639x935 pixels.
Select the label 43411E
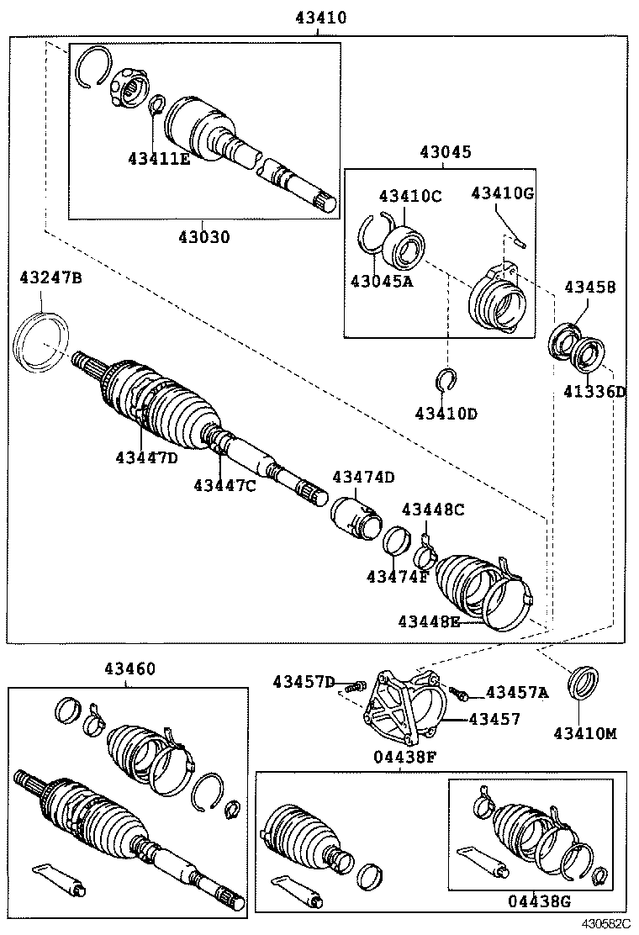click(x=159, y=157)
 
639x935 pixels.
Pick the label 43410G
click(x=502, y=193)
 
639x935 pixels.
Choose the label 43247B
click(x=51, y=277)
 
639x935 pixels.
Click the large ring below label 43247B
click(x=41, y=341)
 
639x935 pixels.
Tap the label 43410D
click(x=446, y=414)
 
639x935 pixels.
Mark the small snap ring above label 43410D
click(x=446, y=381)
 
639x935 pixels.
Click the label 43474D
click(x=362, y=478)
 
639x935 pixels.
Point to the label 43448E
click(x=429, y=621)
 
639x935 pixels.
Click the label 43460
click(x=129, y=669)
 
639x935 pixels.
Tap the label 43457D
click(x=304, y=682)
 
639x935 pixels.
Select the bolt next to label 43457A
click(x=459, y=693)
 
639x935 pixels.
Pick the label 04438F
click(x=404, y=755)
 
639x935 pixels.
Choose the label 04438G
click(x=539, y=901)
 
